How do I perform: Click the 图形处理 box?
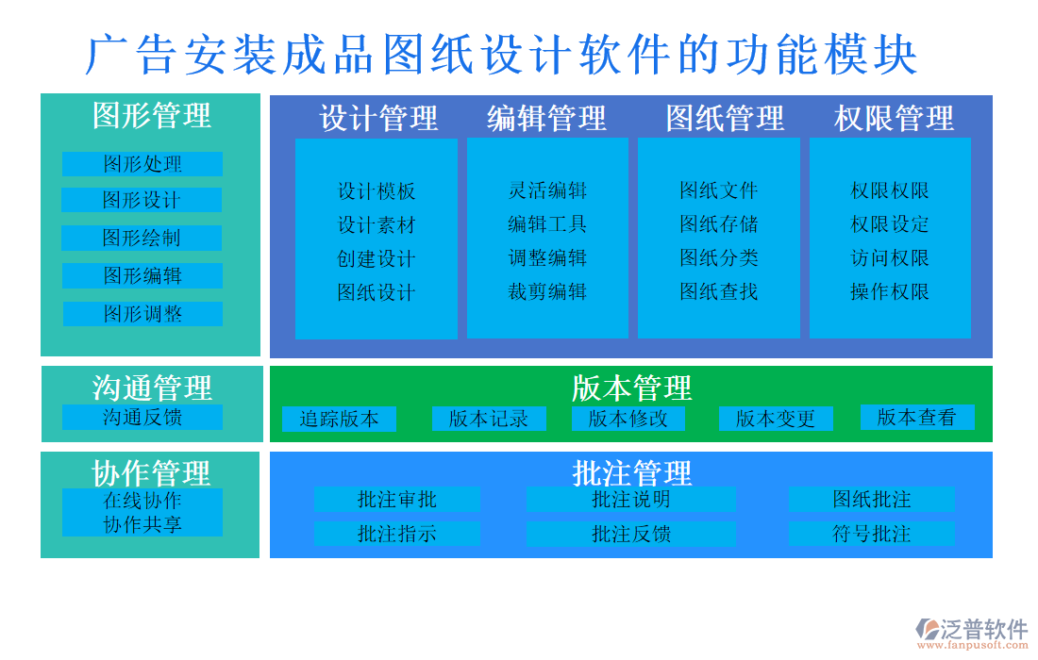click(x=142, y=164)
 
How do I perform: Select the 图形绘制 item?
click(x=142, y=238)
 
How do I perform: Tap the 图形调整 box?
click(x=143, y=314)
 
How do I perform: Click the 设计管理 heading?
click(x=378, y=118)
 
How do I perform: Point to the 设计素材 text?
click(x=377, y=225)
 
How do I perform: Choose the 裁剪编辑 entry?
click(x=547, y=291)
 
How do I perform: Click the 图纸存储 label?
click(x=719, y=224)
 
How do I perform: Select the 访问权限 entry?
click(x=890, y=258)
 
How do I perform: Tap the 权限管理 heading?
click(x=894, y=118)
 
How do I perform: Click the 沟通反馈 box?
click(x=142, y=417)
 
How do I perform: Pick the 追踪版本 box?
click(x=339, y=419)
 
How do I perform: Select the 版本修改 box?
click(x=628, y=419)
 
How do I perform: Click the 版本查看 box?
click(x=917, y=417)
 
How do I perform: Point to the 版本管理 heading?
click(x=631, y=388)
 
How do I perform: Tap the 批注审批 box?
click(x=397, y=499)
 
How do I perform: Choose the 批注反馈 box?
click(x=631, y=535)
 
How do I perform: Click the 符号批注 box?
click(x=871, y=535)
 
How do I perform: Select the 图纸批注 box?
click(x=871, y=499)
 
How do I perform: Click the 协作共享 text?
click(x=142, y=524)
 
